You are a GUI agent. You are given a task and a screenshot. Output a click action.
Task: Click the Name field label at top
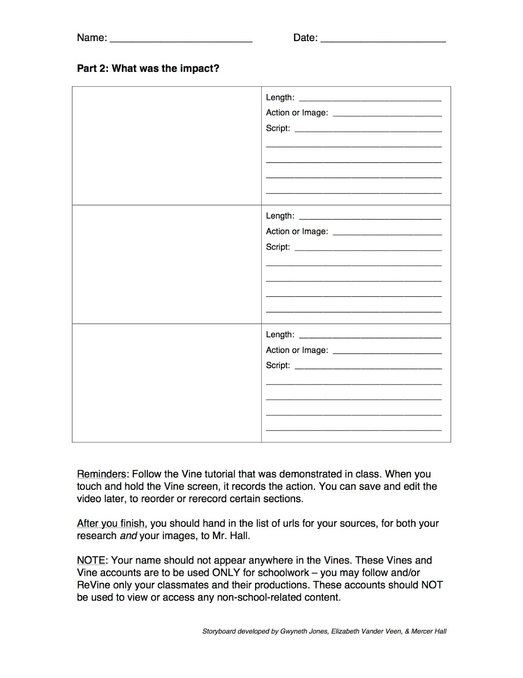tap(92, 38)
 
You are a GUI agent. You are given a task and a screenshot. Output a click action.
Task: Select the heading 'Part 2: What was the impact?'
tap(148, 68)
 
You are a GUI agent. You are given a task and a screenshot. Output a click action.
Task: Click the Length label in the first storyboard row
tap(280, 97)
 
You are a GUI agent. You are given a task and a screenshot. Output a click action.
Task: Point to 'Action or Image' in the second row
tap(297, 231)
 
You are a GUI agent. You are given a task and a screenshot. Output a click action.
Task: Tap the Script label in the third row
tap(278, 365)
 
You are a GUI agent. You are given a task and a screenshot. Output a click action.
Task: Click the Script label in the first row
tap(278, 128)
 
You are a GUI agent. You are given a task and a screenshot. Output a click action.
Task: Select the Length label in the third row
tap(280, 335)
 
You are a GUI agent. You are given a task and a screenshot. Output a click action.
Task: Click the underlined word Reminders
tap(101, 474)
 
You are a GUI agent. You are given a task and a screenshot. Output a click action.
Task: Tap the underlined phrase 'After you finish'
tap(110, 523)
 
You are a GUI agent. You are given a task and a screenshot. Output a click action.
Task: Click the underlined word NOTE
tap(91, 560)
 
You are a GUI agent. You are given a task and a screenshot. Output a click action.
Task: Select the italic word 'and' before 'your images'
tap(128, 536)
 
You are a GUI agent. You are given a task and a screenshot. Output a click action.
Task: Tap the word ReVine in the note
tap(94, 585)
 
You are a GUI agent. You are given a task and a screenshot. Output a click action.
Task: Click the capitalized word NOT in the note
tap(432, 585)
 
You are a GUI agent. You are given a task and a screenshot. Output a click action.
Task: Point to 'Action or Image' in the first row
tap(297, 113)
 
